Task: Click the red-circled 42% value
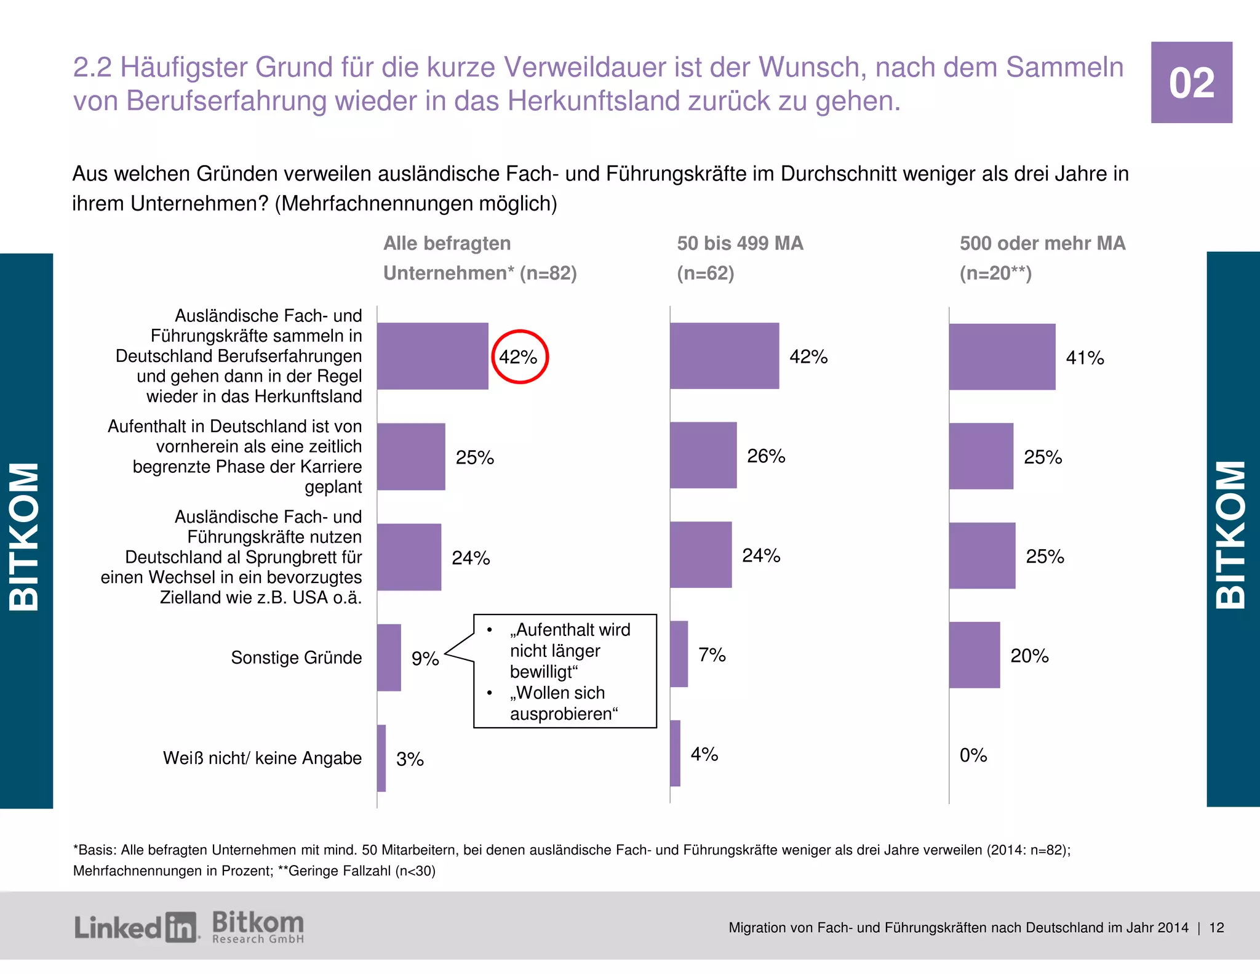pos(518,357)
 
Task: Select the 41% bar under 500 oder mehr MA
pos(1002,357)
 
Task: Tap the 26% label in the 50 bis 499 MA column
pos(766,456)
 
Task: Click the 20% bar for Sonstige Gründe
pos(974,655)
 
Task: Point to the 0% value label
pos(973,755)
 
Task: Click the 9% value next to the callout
pos(425,659)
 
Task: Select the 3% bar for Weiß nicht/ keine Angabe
pos(381,758)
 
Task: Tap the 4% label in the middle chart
pos(704,754)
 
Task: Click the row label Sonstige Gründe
pos(296,658)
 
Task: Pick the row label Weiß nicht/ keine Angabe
pos(262,758)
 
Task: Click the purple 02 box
pos(1191,83)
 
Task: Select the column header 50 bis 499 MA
pos(740,244)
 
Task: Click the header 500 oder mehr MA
pos(1042,244)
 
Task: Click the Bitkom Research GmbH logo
pos(258,927)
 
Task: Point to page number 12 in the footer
pos(1216,928)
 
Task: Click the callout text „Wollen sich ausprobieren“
pos(563,703)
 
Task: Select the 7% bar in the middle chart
pos(679,654)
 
